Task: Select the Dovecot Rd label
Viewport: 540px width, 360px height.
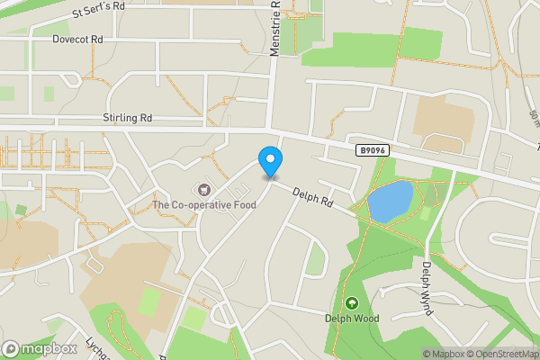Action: point(77,40)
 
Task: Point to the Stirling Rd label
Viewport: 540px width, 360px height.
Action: point(127,117)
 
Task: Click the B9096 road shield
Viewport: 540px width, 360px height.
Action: point(372,151)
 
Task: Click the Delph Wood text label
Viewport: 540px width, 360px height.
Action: point(352,318)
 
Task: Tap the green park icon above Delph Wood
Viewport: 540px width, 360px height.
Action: point(352,303)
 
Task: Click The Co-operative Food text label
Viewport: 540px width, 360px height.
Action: point(204,204)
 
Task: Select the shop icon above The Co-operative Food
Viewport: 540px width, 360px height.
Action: point(204,190)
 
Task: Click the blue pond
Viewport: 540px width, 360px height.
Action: point(390,201)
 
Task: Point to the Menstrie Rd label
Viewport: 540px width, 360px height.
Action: point(275,27)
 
